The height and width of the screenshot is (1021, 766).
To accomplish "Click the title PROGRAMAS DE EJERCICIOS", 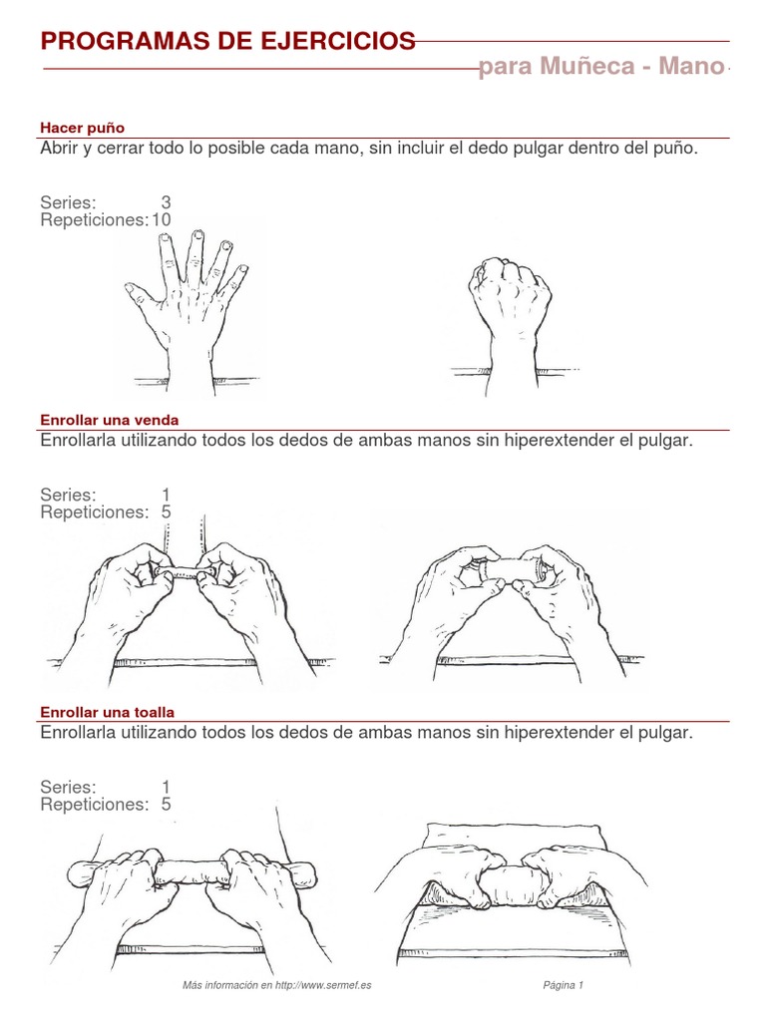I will click(227, 41).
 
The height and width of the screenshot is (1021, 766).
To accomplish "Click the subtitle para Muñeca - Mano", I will click(601, 68).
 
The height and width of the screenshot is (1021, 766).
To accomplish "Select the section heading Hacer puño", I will click(82, 128).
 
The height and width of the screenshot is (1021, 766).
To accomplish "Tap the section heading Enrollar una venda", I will click(109, 420).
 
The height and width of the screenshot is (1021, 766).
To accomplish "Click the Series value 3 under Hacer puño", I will click(166, 202).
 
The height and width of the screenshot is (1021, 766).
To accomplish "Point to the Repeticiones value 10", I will click(161, 219).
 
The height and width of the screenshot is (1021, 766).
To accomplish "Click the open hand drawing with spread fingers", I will click(188, 299).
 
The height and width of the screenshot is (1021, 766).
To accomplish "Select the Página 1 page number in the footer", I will click(563, 985).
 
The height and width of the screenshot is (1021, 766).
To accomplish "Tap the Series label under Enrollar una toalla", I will click(68, 788).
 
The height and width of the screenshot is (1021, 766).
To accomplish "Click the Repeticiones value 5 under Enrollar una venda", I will click(166, 512).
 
